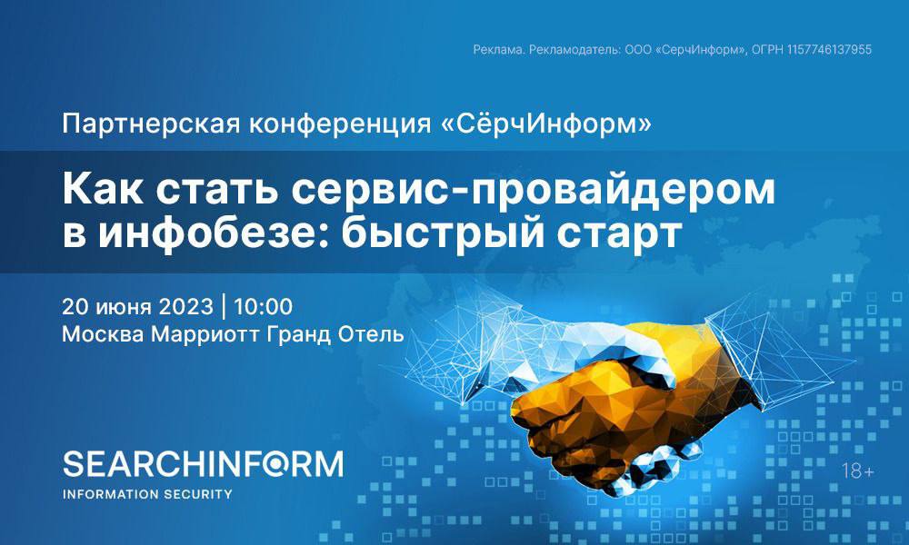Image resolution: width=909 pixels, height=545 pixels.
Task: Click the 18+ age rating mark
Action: (x=858, y=471)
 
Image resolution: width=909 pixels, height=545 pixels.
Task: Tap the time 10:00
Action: (x=264, y=306)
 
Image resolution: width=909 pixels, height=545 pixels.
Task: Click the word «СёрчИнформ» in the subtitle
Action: (x=546, y=124)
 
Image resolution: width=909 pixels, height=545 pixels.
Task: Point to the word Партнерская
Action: (x=151, y=124)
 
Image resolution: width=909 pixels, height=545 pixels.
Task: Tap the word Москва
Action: (x=104, y=334)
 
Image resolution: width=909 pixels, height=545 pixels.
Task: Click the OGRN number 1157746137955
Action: (x=829, y=50)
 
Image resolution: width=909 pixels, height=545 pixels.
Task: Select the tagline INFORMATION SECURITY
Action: (x=147, y=494)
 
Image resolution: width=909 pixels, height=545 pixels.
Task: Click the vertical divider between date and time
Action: (x=224, y=306)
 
